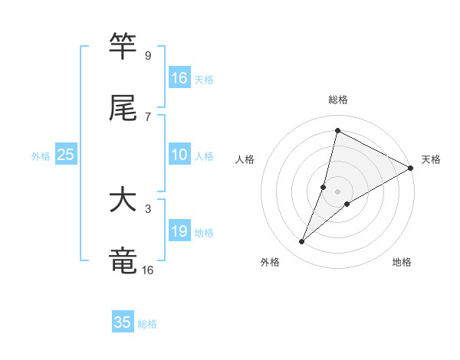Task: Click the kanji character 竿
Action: (x=123, y=47)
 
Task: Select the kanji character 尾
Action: (x=123, y=109)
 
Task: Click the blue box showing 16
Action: (x=179, y=78)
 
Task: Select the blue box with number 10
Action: (x=179, y=155)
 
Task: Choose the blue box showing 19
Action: (x=179, y=231)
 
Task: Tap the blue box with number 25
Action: (x=66, y=155)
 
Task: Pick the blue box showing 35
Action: (x=123, y=322)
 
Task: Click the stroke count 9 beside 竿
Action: (x=148, y=56)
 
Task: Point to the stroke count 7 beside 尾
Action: (x=148, y=117)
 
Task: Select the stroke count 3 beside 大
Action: (x=148, y=208)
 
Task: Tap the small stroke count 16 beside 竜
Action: (x=148, y=270)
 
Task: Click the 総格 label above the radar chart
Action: (x=338, y=100)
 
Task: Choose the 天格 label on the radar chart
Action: (x=431, y=159)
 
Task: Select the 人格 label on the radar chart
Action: (x=245, y=159)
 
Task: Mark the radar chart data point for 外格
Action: (x=302, y=242)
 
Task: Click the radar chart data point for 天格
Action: (x=411, y=168)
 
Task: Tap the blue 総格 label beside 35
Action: (x=147, y=323)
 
